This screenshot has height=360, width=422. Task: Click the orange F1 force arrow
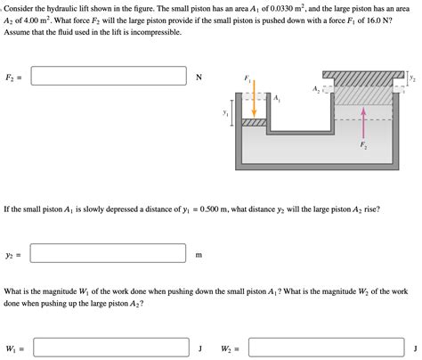coord(254,100)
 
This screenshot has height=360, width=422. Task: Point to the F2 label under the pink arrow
coord(362,144)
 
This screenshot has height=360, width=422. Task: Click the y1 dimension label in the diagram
coord(225,113)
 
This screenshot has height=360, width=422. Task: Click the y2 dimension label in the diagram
coord(411,78)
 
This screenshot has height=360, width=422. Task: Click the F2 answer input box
coord(108,77)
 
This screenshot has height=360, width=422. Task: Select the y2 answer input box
coord(108,255)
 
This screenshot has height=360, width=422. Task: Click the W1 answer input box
coord(108,348)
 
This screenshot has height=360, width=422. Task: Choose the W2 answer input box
coord(324,348)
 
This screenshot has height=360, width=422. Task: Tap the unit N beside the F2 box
coord(199,78)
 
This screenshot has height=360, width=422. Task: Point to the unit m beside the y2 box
coord(199,256)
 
